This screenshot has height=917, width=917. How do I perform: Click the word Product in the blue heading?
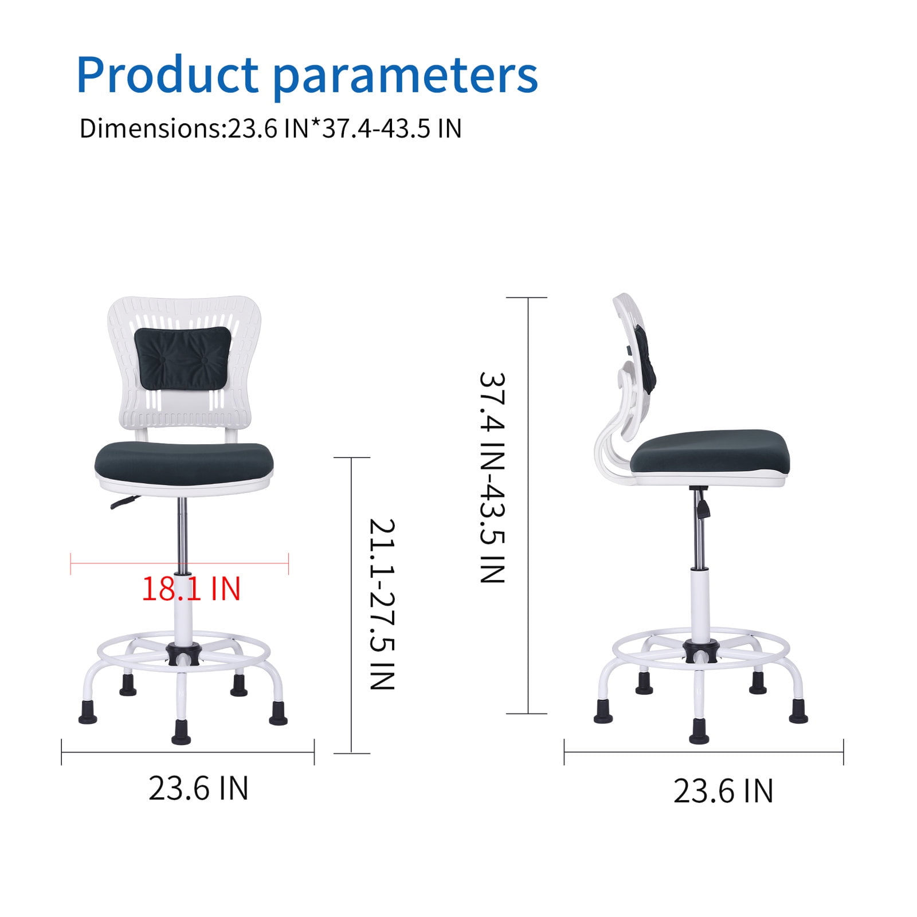(x=168, y=75)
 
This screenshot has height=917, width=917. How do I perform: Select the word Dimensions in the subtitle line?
(x=150, y=128)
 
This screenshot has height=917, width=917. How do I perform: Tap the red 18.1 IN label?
(x=191, y=589)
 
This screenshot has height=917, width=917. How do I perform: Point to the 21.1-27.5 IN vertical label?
(x=382, y=604)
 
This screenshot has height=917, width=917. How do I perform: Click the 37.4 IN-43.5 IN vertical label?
(x=492, y=478)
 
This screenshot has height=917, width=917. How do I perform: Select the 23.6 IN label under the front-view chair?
(x=198, y=789)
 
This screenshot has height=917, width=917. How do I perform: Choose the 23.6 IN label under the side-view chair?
(x=723, y=791)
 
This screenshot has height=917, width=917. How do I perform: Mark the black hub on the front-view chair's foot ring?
(x=183, y=653)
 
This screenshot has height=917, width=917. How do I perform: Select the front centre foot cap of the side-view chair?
(x=699, y=730)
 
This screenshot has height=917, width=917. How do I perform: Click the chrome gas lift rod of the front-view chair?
(x=183, y=536)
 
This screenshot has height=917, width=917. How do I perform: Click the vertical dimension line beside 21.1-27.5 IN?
(x=351, y=605)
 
